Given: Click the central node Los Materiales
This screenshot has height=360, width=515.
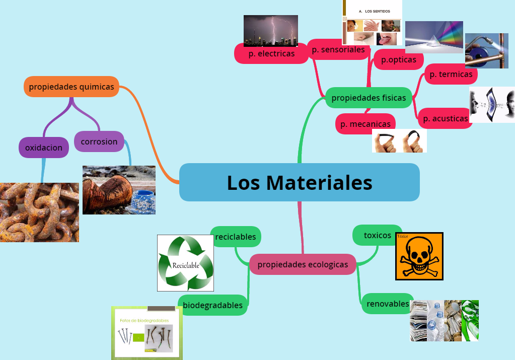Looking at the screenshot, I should tap(299, 182).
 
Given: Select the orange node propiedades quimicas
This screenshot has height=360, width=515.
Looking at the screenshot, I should tap(71, 87).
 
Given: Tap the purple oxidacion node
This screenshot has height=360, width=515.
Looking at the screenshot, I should tap(44, 148).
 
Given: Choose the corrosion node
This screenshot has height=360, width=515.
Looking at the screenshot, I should tap(99, 141).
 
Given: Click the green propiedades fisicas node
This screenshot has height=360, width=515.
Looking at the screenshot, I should tap(369, 98).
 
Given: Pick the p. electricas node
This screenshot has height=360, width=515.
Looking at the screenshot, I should tap(271, 53).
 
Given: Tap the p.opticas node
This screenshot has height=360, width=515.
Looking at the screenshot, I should tap(399, 60).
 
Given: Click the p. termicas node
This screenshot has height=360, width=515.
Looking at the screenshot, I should tap(451, 75).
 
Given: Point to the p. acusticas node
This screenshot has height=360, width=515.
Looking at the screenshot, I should tap(446, 118).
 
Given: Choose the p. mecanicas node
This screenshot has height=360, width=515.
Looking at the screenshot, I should tap(365, 124).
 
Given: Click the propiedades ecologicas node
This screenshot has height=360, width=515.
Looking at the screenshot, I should tap(303, 264).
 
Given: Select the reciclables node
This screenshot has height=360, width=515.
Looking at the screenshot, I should tap(236, 237).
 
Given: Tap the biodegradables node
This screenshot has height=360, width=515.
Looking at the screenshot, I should tap(212, 305).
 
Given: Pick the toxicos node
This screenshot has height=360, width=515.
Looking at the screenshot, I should tap(377, 235).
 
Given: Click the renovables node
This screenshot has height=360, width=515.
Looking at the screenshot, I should tap(388, 304).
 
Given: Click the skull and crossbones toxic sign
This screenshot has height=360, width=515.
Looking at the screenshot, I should tap(419, 256).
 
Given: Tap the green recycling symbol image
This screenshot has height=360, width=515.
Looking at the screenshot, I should tap(185, 263).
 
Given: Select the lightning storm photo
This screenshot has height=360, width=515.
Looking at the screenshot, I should tap(271, 30).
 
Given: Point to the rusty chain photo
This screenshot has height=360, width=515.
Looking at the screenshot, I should tap(39, 212).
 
